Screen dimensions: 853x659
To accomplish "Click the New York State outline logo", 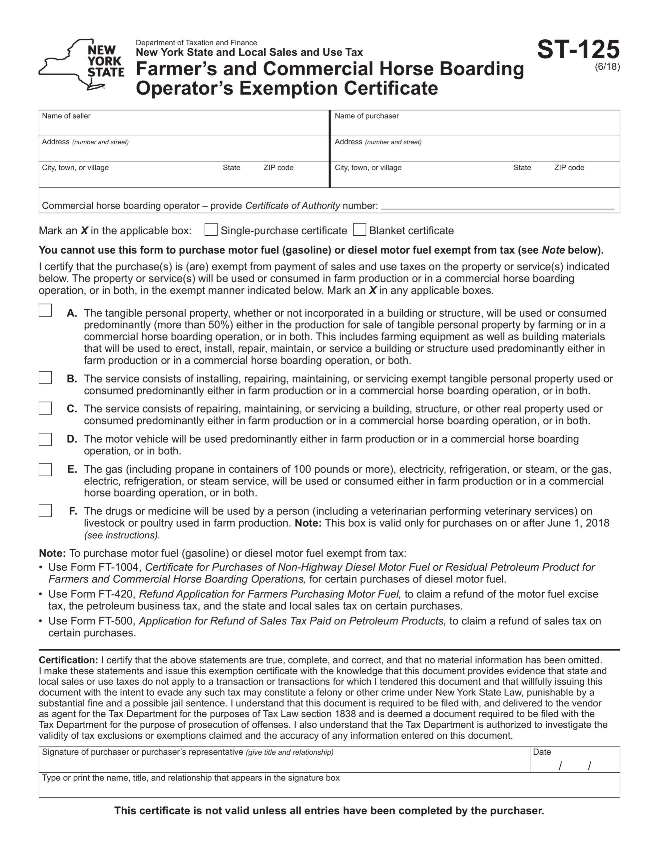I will click(x=81, y=64).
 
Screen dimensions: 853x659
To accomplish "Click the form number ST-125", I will click(x=578, y=50).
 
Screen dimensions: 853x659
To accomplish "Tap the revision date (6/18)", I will click(x=607, y=67).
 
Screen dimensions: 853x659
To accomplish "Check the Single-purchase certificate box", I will click(x=211, y=230).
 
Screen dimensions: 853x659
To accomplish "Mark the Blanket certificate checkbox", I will click(x=359, y=230).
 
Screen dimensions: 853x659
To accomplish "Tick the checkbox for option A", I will click(x=45, y=311).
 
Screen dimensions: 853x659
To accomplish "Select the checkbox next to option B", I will click(x=45, y=377).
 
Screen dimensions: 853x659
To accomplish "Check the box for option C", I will click(x=45, y=408).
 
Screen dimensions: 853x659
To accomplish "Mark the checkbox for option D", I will click(x=45, y=439).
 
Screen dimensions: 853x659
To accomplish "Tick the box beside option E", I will click(x=45, y=469).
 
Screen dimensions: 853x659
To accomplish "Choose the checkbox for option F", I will click(x=45, y=510).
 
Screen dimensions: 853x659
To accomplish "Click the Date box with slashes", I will click(x=575, y=765).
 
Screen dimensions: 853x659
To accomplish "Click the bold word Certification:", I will click(x=68, y=660).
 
